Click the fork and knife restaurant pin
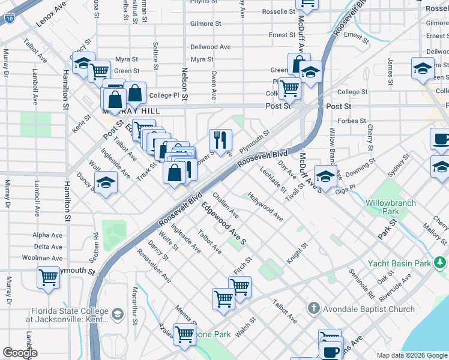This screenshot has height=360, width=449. [220, 140]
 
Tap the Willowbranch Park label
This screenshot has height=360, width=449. [391, 208]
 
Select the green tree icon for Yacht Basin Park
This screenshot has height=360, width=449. [441, 262]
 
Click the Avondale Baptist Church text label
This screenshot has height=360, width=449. [369, 309]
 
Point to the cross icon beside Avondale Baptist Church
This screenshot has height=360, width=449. [313, 308]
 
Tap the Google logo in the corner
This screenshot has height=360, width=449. [20, 353]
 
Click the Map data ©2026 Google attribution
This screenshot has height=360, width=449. [412, 355]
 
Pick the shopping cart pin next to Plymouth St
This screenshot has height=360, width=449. [48, 278]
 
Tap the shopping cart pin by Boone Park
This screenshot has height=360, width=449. [184, 334]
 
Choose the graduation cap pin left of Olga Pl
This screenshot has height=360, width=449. [325, 176]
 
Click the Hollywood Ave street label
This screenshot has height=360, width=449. [265, 207]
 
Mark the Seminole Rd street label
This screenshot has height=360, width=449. [362, 284]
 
